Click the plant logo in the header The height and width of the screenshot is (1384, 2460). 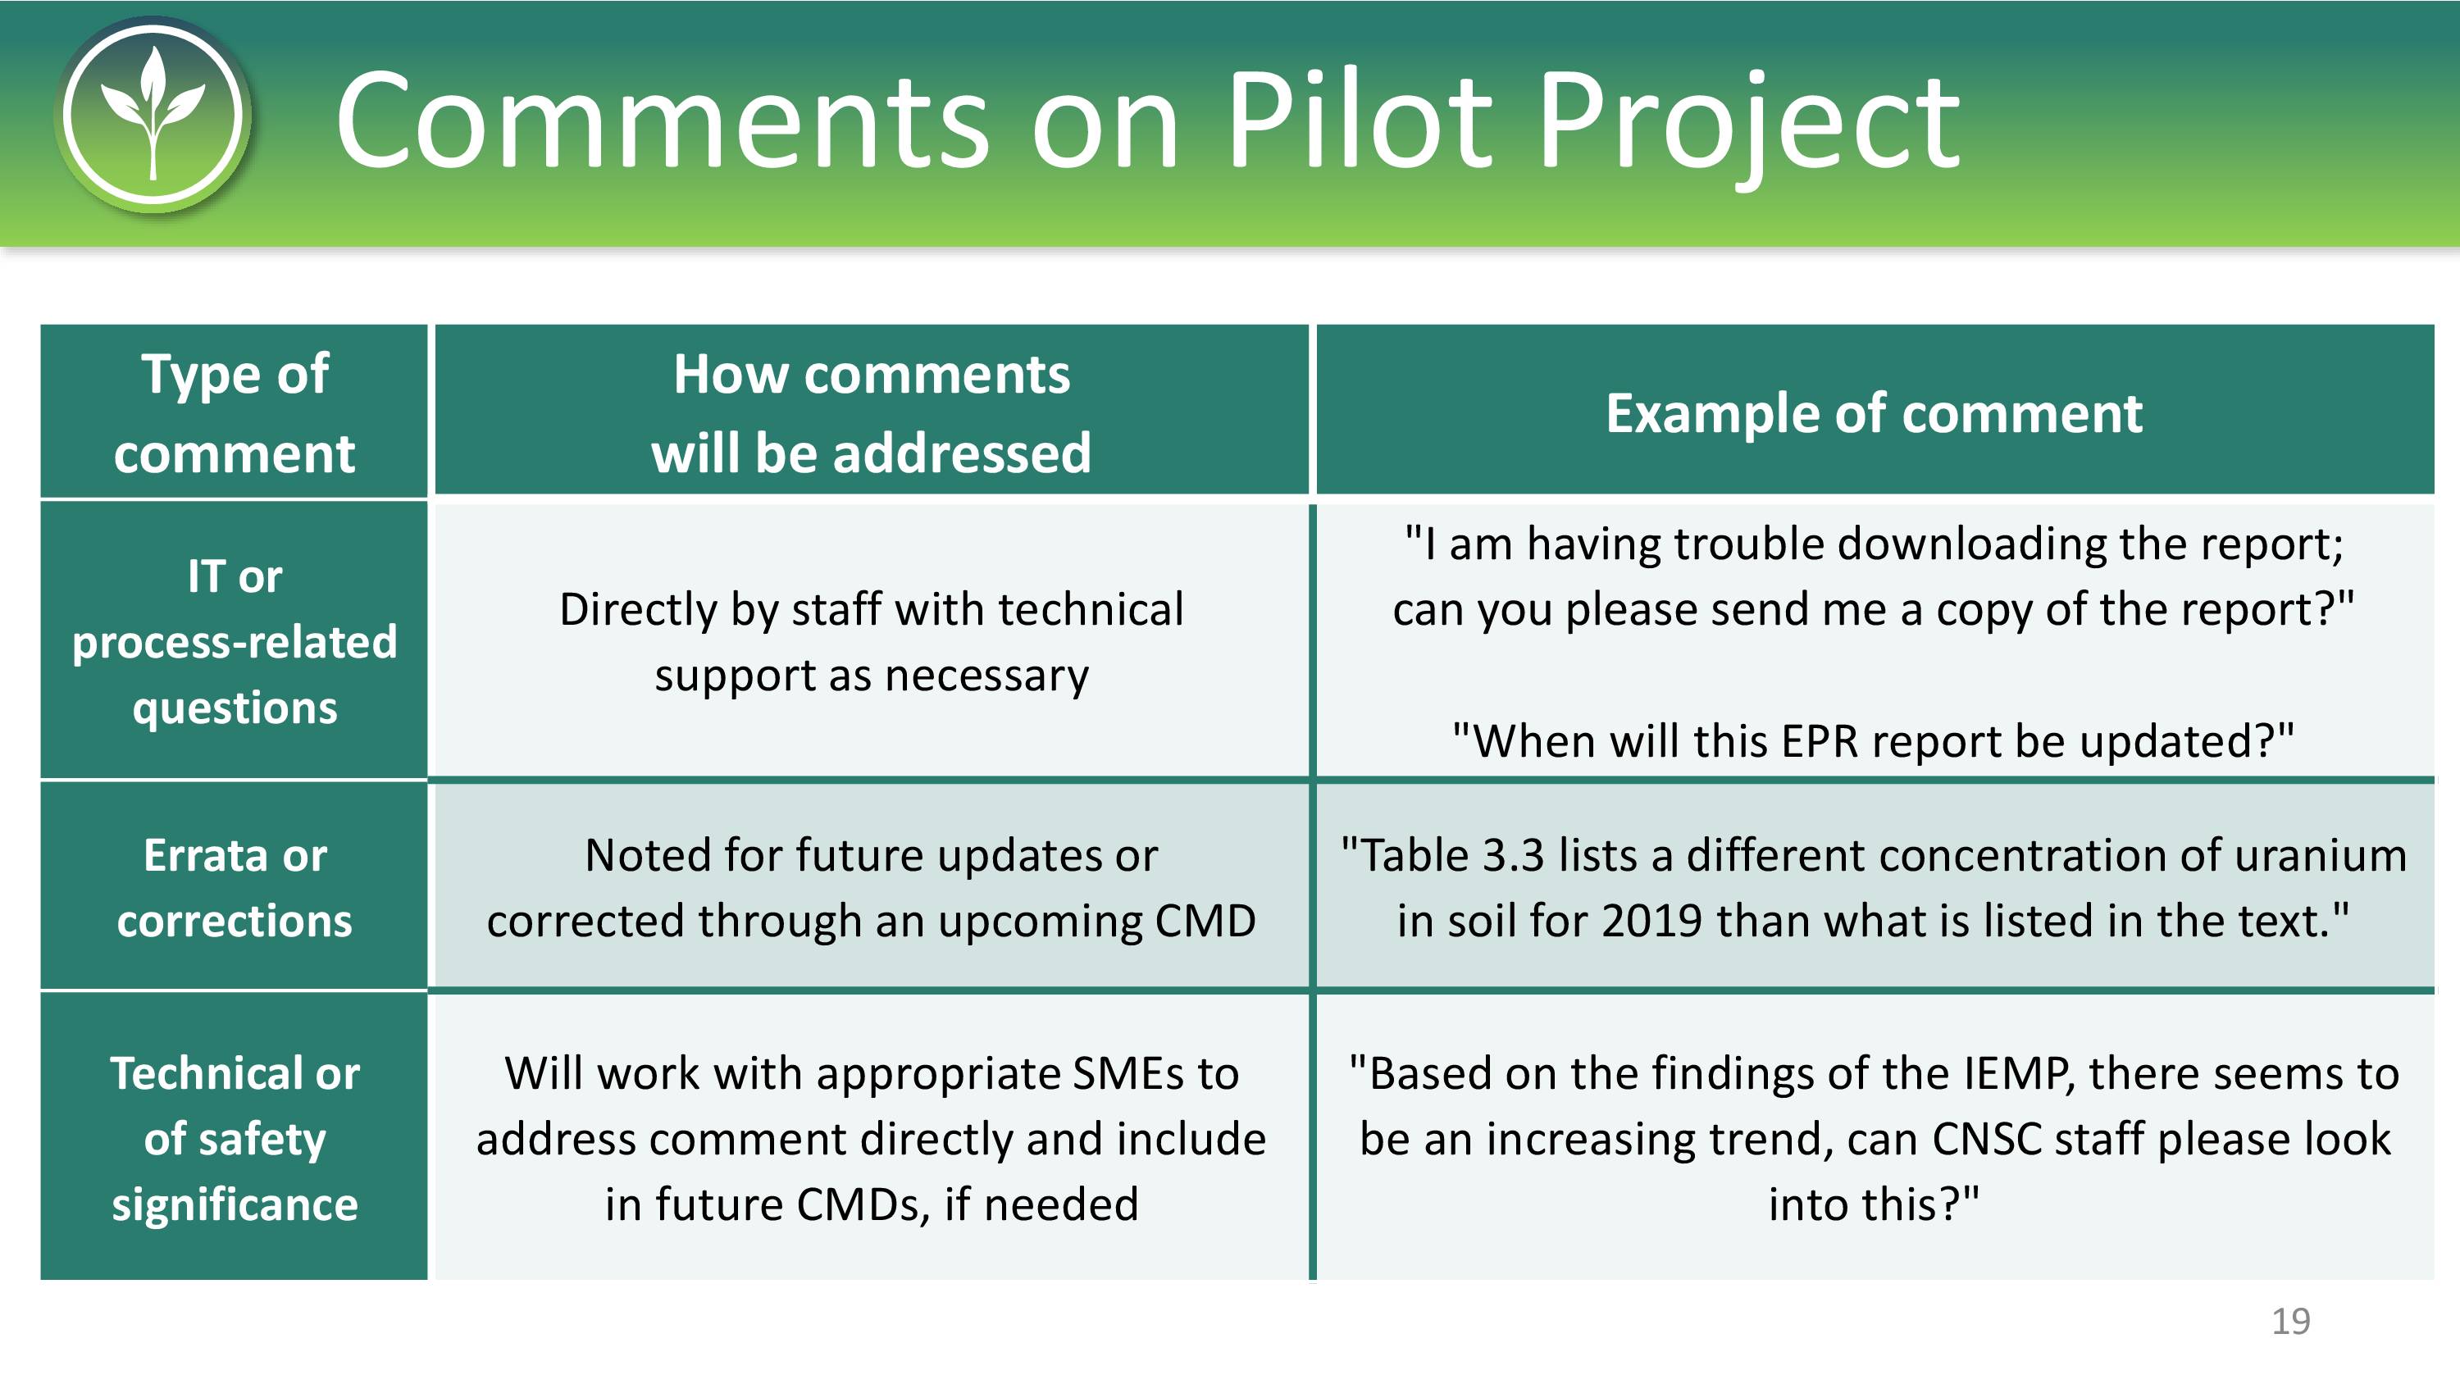coord(153,115)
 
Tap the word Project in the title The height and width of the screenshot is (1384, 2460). coord(1748,129)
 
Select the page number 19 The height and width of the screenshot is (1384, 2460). coord(2290,1321)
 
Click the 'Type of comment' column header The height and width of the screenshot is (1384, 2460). coord(234,412)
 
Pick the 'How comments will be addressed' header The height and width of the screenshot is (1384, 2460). coord(871,412)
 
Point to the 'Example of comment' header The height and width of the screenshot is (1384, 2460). coord(1874,413)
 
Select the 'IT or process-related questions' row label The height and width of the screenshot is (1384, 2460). coord(234,642)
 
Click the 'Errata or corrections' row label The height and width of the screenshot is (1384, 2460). coord(234,887)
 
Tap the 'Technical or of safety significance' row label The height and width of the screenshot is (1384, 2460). coord(234,1139)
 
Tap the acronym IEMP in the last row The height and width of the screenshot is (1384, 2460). coord(2018,1073)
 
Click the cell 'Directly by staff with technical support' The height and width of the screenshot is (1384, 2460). coord(871,642)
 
